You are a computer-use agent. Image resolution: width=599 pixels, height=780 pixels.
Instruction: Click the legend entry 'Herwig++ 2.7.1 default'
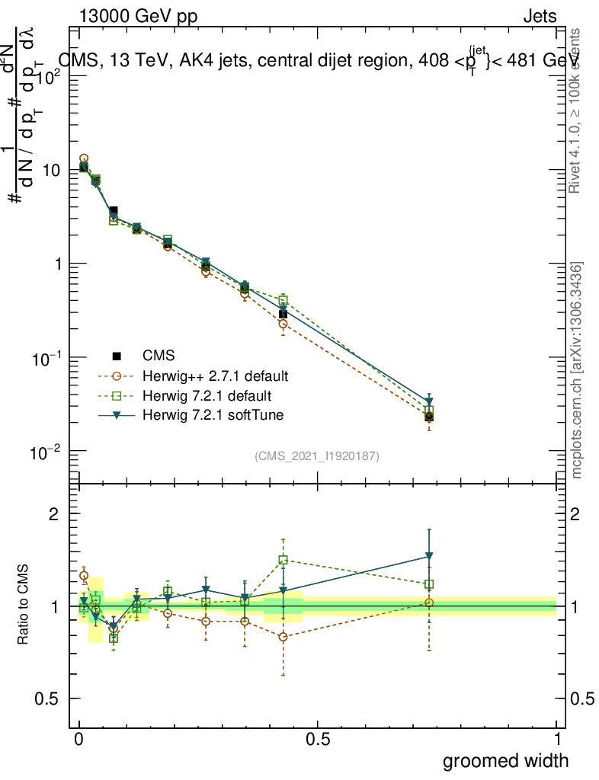[x=215, y=376]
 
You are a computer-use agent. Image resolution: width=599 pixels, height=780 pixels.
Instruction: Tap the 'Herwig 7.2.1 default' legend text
[x=207, y=396]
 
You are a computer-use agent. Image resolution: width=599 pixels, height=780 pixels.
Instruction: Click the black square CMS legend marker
[x=117, y=356]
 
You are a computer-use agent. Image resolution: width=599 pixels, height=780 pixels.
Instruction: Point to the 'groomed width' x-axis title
[x=506, y=760]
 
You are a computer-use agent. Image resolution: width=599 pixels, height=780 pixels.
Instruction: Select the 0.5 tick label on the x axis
[x=317, y=740]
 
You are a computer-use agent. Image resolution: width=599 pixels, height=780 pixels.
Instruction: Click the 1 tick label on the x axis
[x=556, y=740]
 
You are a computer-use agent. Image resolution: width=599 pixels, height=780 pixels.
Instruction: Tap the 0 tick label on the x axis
[x=79, y=740]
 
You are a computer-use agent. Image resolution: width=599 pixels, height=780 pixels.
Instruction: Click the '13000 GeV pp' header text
[x=137, y=17]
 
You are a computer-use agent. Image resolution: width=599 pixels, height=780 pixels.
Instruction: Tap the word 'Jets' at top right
[x=540, y=17]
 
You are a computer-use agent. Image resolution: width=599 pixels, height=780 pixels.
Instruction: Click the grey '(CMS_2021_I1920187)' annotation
[x=317, y=456]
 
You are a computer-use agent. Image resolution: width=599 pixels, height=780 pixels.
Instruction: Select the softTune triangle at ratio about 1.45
[x=430, y=556]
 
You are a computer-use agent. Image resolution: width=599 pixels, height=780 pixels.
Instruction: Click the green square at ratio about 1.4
[x=283, y=560]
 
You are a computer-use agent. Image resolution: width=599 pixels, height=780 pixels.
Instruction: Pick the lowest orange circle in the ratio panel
[x=283, y=637]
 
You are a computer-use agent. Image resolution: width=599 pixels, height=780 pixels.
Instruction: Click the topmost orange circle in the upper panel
[x=84, y=158]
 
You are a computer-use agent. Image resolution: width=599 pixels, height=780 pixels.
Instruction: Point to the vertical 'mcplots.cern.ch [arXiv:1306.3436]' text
[x=577, y=371]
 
